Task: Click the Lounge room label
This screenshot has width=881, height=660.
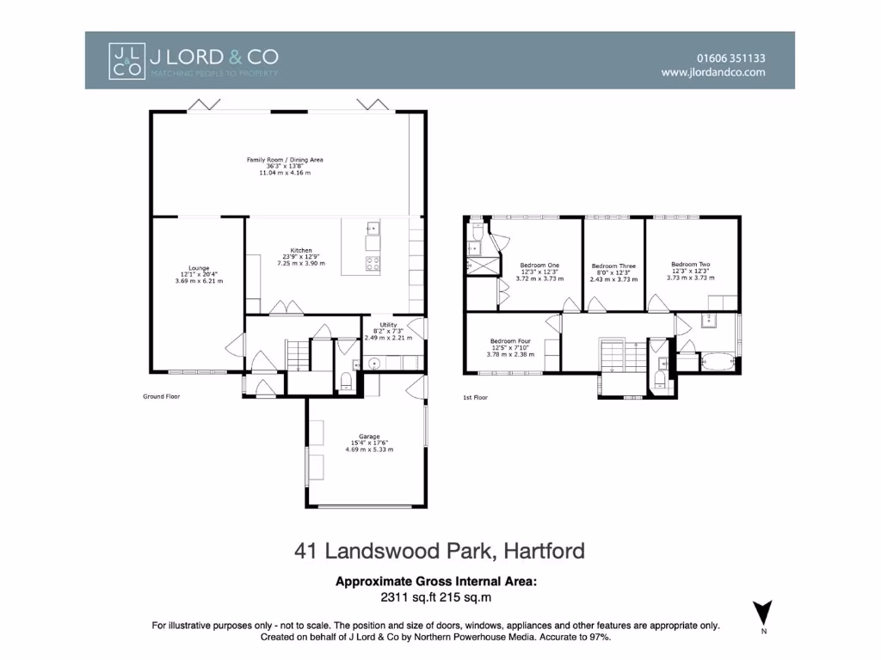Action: [199, 268]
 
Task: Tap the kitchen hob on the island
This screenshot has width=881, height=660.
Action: [373, 265]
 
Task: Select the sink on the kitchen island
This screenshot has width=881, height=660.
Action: [373, 229]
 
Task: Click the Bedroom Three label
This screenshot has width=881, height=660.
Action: [613, 266]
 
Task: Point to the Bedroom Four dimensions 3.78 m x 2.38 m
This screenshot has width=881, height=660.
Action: [512, 354]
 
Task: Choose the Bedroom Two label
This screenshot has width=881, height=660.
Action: [691, 265]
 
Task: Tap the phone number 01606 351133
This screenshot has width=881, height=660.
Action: [730, 58]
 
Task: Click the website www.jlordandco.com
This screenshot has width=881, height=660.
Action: [713, 73]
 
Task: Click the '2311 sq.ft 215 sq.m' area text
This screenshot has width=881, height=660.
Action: [435, 596]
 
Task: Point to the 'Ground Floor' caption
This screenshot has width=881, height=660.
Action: [161, 396]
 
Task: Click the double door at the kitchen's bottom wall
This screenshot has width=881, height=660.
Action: [282, 308]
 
